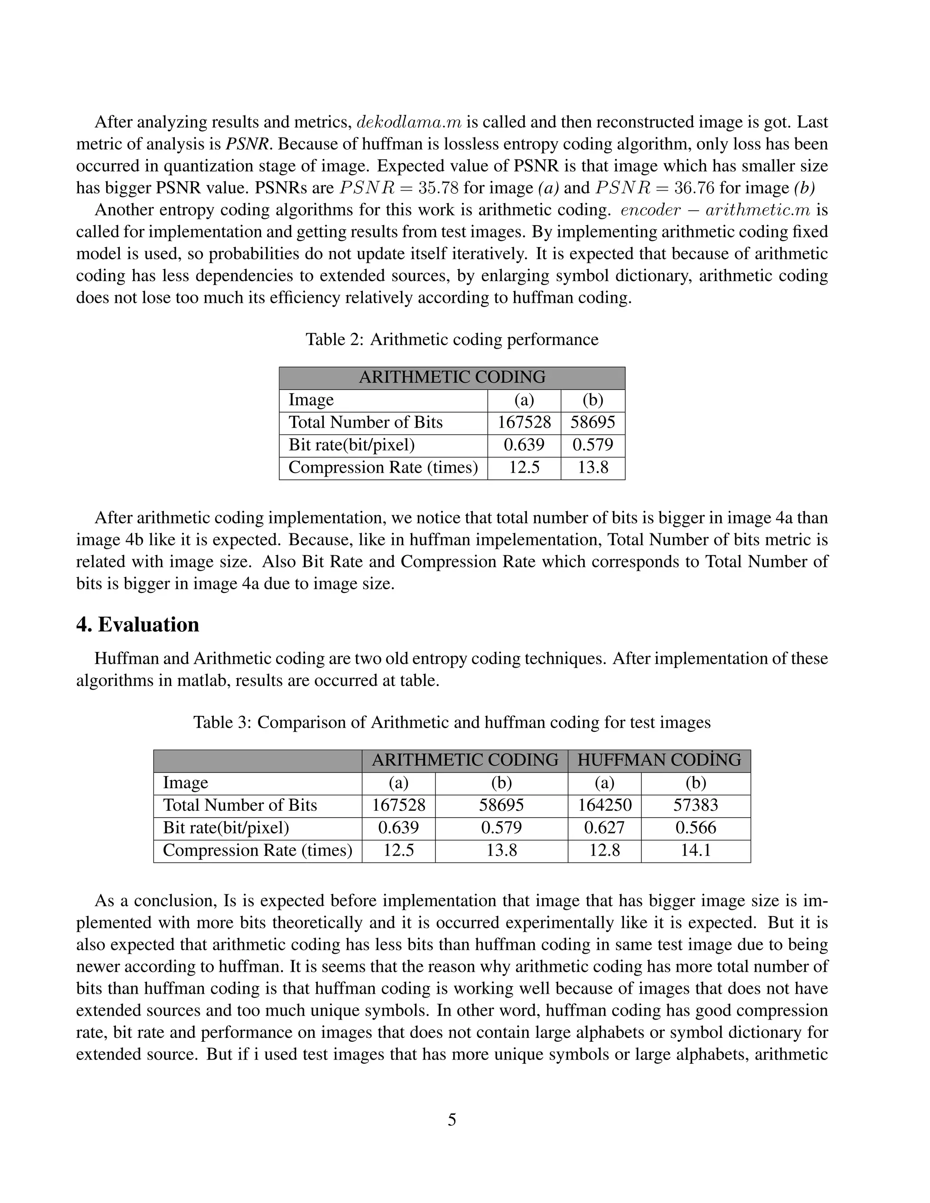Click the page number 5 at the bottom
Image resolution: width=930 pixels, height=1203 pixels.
point(452,1120)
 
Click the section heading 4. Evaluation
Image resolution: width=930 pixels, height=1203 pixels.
point(138,625)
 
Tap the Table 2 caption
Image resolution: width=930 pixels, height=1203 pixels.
point(452,339)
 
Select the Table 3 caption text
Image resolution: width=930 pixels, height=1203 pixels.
point(452,722)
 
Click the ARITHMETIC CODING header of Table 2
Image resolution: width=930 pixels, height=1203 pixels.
point(452,377)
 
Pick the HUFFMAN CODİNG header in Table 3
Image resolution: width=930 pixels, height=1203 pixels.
point(659,760)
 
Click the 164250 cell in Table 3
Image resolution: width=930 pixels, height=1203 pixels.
point(604,805)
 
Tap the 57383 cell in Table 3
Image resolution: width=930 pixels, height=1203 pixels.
point(696,805)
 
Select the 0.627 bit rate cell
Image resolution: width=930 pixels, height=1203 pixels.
point(604,828)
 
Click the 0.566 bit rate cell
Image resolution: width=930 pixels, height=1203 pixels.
point(696,828)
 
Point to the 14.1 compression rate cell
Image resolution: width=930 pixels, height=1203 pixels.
point(696,850)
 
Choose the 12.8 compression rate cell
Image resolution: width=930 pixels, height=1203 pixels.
point(604,850)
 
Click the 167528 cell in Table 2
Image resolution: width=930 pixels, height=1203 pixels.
point(524,423)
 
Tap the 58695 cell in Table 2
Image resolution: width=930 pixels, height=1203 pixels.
point(593,423)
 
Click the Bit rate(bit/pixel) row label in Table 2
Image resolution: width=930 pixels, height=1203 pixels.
point(351,445)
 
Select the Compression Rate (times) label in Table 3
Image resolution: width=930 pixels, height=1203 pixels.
point(257,850)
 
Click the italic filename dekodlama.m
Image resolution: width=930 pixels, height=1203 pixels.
point(409,122)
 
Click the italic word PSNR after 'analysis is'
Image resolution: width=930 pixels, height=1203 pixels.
point(247,144)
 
